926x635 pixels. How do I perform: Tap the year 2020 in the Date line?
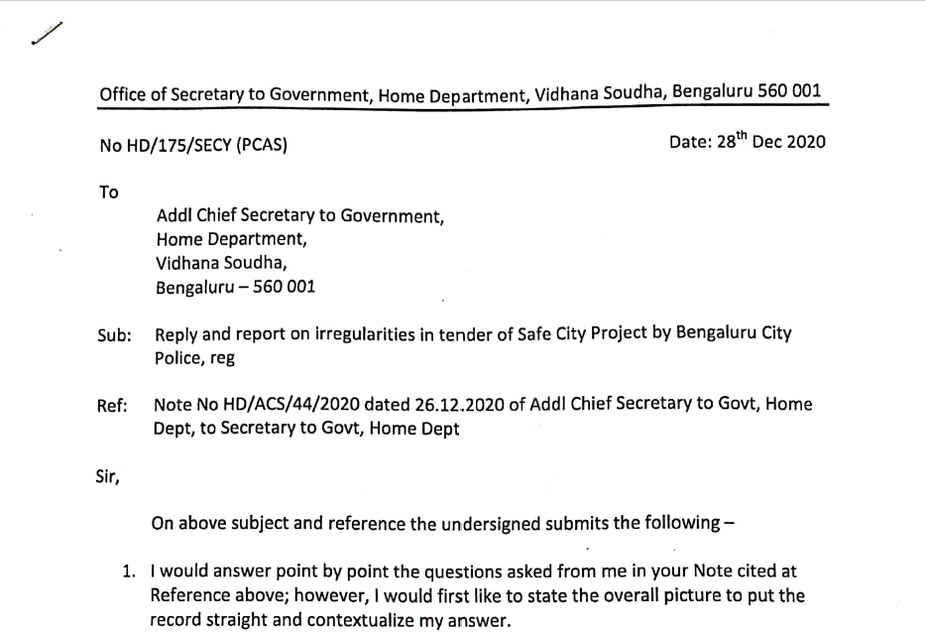805,141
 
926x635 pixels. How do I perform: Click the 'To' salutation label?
109,192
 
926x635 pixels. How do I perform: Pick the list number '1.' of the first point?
130,572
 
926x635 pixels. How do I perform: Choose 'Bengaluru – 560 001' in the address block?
237,289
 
